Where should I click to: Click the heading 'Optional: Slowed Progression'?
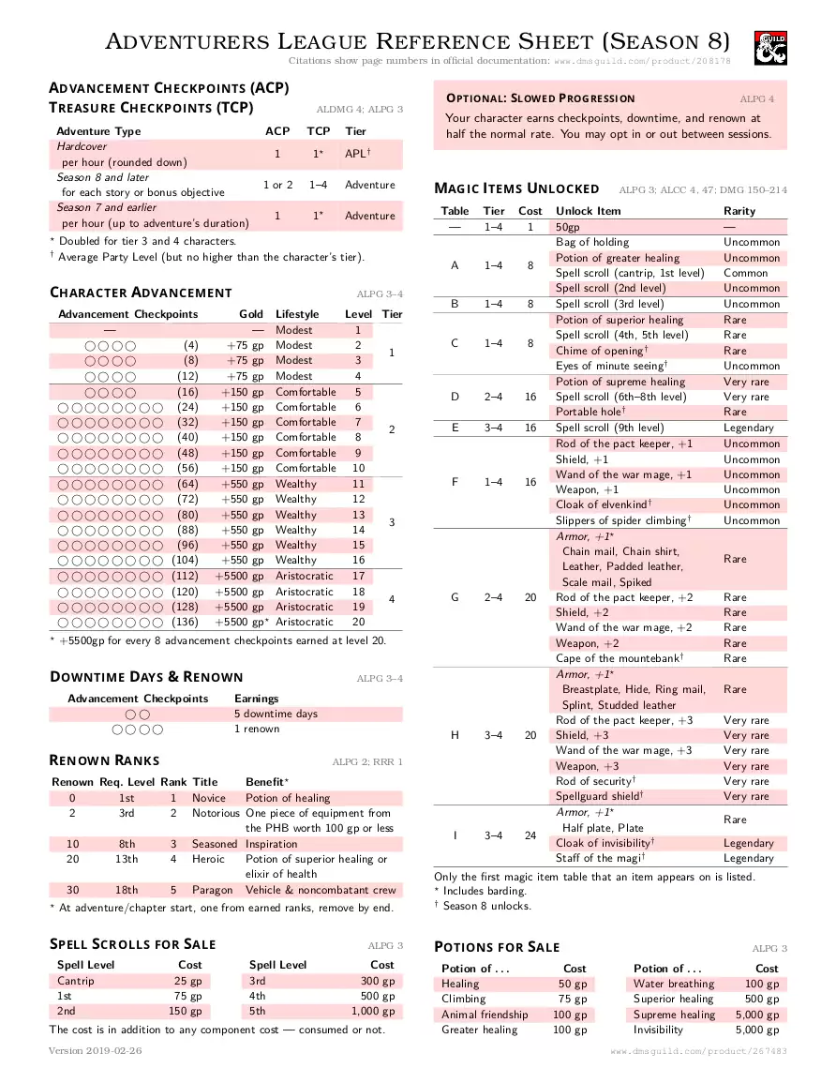click(x=540, y=98)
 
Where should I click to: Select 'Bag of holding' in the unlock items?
click(x=592, y=243)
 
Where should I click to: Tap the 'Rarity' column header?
click(x=739, y=211)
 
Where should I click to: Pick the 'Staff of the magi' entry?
click(x=600, y=858)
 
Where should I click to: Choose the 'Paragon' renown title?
click(x=213, y=890)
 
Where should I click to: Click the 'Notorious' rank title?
click(x=216, y=813)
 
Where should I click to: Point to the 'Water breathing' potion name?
click(x=673, y=984)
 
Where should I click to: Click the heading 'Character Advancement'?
click(x=141, y=293)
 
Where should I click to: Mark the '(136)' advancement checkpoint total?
click(x=186, y=622)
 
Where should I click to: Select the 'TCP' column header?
click(x=319, y=131)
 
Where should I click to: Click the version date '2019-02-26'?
click(x=110, y=1051)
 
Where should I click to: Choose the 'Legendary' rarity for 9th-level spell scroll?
click(x=749, y=428)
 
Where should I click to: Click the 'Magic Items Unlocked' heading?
click(x=516, y=188)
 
